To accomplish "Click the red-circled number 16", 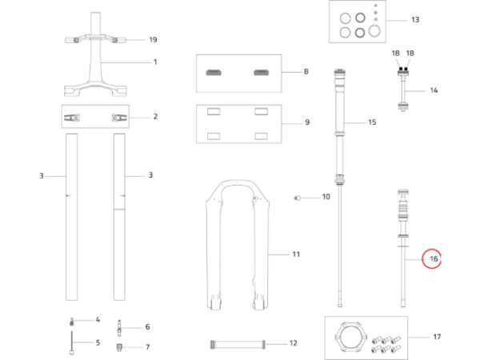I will coord(433,259).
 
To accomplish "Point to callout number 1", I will coord(155,62).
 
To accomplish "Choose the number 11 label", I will coord(295,254).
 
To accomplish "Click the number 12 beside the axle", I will coord(293,343).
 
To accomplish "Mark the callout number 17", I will coord(437,338).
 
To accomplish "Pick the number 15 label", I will coord(371,122).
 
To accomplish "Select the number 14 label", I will coord(434,90).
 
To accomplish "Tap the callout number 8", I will coord(305,72).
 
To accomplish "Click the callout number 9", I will coord(305,122).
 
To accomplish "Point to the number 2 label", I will coord(155,116).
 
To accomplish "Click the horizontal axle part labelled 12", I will coord(237,343).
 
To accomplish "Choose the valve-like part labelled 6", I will coord(121,326).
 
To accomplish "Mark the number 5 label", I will coord(98,342).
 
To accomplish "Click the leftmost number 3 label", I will coord(42,174).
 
